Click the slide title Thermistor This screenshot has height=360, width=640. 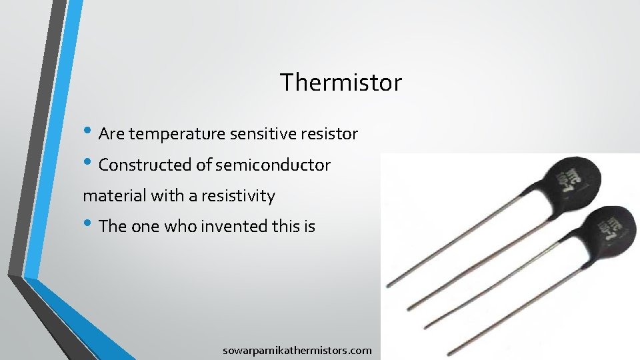point(341,83)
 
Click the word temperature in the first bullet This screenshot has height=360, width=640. point(178,134)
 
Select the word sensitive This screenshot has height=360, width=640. point(263,134)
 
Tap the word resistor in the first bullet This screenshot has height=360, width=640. point(329,134)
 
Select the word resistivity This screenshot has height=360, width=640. point(238,196)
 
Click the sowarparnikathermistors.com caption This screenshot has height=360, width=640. point(297,350)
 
